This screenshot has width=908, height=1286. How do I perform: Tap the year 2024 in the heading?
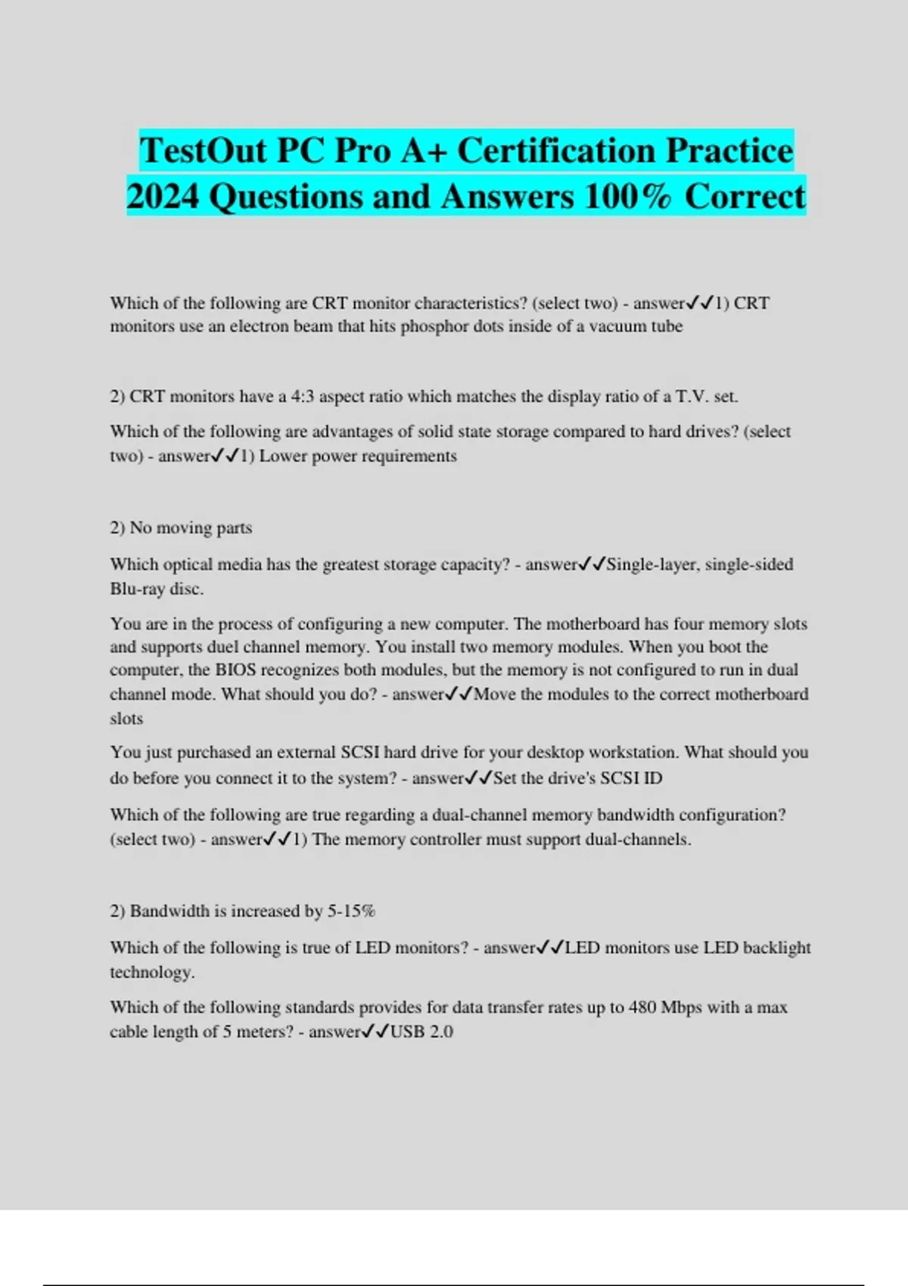pyautogui.click(x=163, y=197)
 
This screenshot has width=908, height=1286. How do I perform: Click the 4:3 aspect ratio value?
pyautogui.click(x=302, y=396)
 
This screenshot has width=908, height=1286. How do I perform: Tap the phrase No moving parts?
pyautogui.click(x=191, y=528)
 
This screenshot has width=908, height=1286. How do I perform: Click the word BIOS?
pyautogui.click(x=235, y=670)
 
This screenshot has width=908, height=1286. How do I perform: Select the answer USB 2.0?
pyautogui.click(x=421, y=1032)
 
